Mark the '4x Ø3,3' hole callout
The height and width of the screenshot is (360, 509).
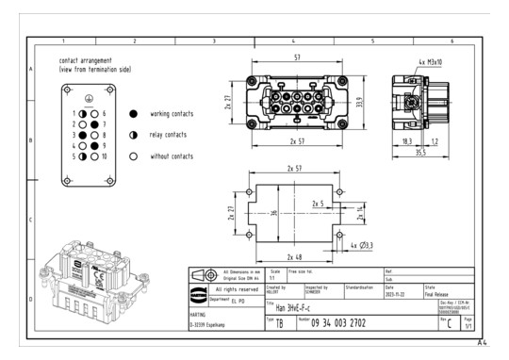(362, 245)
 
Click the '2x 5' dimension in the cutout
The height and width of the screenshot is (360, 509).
(319, 203)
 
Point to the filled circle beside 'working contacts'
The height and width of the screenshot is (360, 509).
(134, 114)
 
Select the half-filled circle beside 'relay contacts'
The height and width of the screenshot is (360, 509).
(134, 135)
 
